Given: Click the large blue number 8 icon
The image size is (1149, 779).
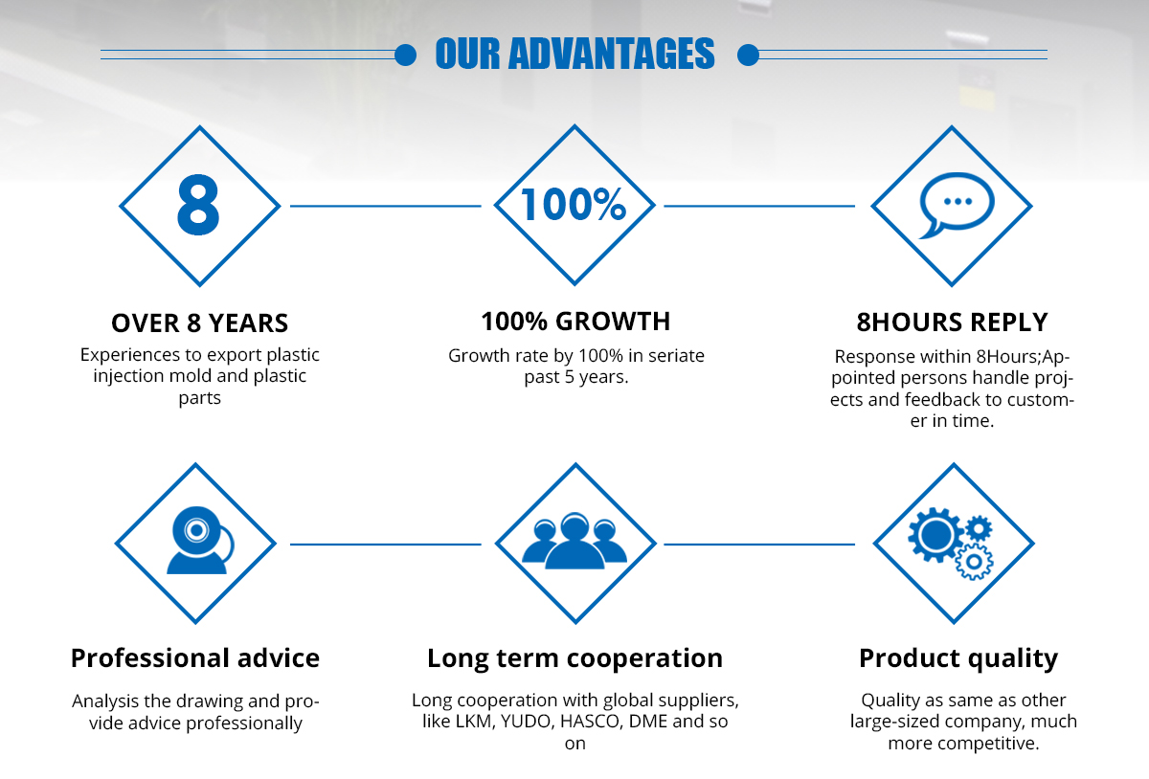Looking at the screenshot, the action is click(x=198, y=205).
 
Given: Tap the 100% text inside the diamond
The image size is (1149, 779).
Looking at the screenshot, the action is click(x=574, y=204).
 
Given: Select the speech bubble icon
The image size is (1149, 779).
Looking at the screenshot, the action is click(x=957, y=205).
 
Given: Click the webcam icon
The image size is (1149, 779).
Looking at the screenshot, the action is click(x=200, y=540).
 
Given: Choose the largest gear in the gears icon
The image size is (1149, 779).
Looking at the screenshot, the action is click(x=935, y=535).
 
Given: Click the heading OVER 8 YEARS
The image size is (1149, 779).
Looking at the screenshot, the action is click(x=199, y=323).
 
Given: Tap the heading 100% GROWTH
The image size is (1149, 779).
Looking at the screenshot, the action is click(x=575, y=322).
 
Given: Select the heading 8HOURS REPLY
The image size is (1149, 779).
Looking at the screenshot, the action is click(x=952, y=323).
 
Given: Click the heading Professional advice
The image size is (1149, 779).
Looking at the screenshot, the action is click(x=195, y=658).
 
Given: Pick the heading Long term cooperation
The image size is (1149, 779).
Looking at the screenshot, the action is click(x=575, y=659).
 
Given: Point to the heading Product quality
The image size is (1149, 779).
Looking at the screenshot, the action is click(x=958, y=659).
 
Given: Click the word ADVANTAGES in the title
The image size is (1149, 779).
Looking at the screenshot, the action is click(x=612, y=54).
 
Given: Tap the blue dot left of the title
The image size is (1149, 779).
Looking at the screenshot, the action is click(x=405, y=55).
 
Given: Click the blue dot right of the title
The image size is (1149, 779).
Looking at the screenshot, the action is click(x=748, y=55).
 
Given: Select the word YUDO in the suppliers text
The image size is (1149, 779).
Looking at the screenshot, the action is click(x=527, y=722).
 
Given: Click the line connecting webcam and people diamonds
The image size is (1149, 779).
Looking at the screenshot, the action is click(x=386, y=545).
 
